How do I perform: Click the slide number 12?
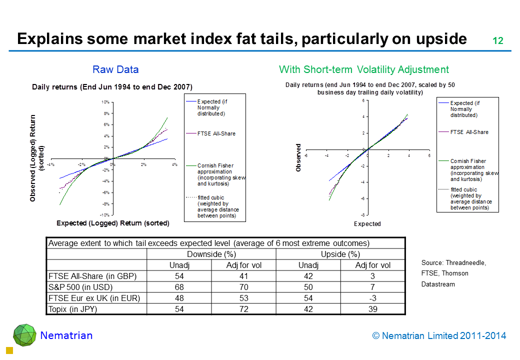click(x=497, y=41)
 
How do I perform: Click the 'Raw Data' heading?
click(x=115, y=69)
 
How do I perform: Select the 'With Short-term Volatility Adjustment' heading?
click(x=363, y=69)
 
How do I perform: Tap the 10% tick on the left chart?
click(x=105, y=102)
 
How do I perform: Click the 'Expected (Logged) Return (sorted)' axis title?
click(x=112, y=223)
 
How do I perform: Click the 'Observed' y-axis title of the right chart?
click(x=299, y=158)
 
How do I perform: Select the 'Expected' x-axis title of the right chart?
click(x=367, y=224)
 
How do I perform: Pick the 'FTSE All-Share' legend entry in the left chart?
click(x=216, y=133)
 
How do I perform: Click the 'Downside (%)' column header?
click(x=211, y=254)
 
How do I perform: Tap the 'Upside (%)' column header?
click(x=340, y=254)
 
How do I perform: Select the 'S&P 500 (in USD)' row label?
click(x=80, y=287)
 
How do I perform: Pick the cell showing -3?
click(x=372, y=298)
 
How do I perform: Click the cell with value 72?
click(x=243, y=309)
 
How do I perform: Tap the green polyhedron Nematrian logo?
click(x=24, y=335)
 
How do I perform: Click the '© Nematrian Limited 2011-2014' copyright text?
click(x=439, y=336)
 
